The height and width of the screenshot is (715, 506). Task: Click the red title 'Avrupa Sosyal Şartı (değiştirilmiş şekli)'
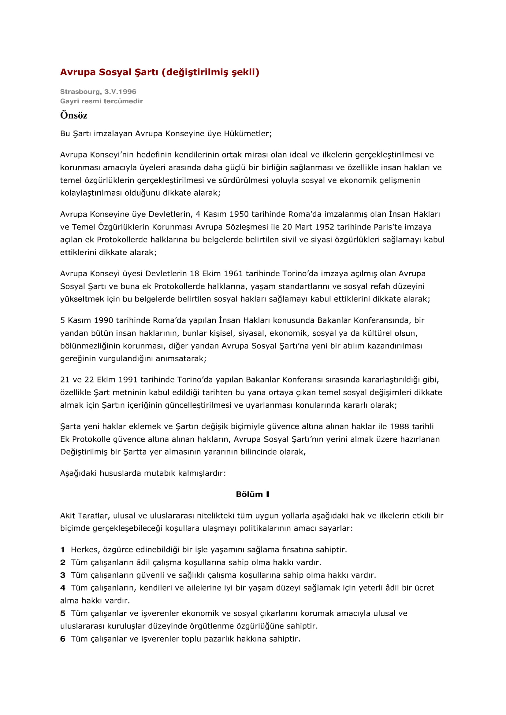(x=159, y=72)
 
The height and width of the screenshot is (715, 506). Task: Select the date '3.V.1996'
(x=120, y=92)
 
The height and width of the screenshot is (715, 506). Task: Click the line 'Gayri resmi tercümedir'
(x=101, y=101)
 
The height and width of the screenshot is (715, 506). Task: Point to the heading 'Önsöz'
(x=73, y=115)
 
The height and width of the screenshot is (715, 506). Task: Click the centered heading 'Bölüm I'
(x=252, y=494)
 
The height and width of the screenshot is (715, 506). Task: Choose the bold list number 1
(x=63, y=550)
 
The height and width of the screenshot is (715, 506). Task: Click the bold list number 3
(x=63, y=575)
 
